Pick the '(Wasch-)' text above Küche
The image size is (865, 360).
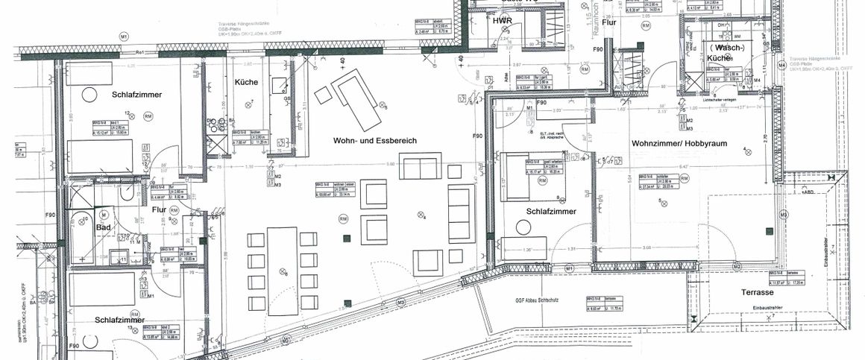[726, 47]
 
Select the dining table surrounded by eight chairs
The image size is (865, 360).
[283, 271]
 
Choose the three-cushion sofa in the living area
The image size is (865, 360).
[461, 212]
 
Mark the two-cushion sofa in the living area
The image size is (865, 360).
[419, 167]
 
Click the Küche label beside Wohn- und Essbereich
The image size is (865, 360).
[246, 82]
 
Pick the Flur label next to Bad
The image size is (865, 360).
[160, 209]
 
